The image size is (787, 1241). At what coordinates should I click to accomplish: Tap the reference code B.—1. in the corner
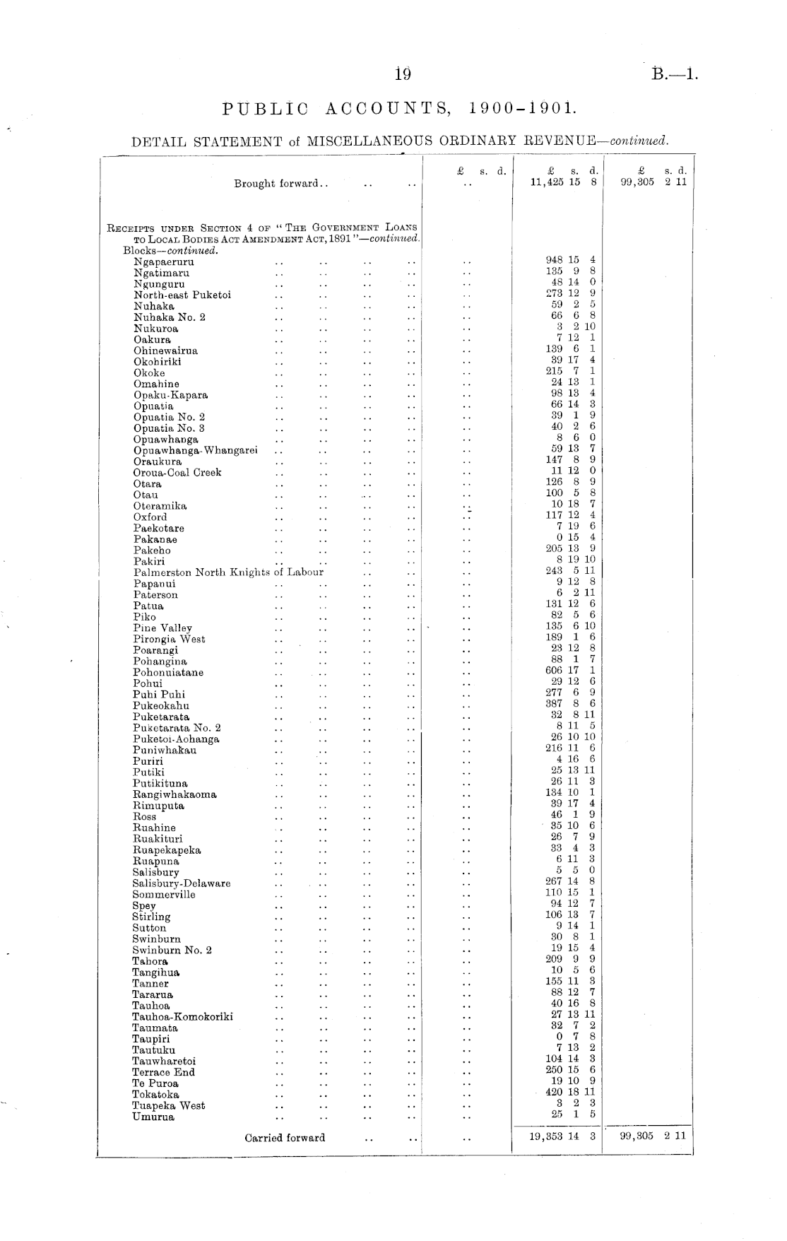pyautogui.click(x=675, y=73)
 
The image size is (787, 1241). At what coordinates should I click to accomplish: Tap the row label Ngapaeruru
pyautogui.click(x=164, y=261)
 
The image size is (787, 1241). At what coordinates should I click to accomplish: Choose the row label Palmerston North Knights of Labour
pyautogui.click(x=228, y=572)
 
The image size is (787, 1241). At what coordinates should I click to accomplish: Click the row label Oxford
pyautogui.click(x=150, y=517)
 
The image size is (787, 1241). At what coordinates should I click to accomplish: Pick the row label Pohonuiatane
pyautogui.click(x=168, y=673)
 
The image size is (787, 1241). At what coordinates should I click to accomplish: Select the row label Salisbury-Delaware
pyautogui.click(x=182, y=883)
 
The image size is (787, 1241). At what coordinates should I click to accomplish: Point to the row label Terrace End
pyautogui.click(x=163, y=1072)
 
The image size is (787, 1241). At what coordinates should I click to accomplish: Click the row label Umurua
pyautogui.click(x=153, y=1117)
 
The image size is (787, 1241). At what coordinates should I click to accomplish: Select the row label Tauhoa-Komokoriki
pyautogui.click(x=182, y=1017)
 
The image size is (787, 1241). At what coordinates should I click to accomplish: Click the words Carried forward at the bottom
pyautogui.click(x=285, y=1138)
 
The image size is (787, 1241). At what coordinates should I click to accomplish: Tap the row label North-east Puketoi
pyautogui.click(x=182, y=295)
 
